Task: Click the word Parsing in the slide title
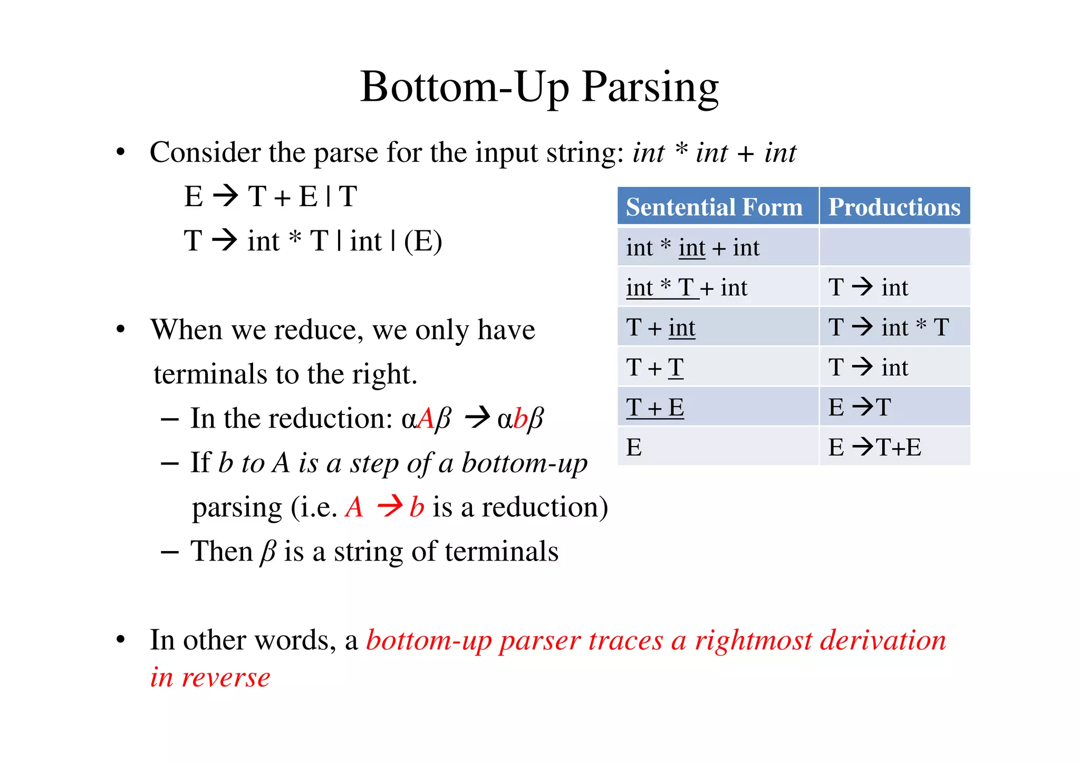coord(650,88)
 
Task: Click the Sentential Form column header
coord(714,207)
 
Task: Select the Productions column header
coord(894,207)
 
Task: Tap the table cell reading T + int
coord(660,327)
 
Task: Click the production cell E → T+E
coord(874,448)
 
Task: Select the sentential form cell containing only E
coord(634,448)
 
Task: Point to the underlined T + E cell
coord(655,408)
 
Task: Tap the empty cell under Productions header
coord(894,247)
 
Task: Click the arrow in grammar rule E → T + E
coord(225,196)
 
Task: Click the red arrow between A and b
coord(390,507)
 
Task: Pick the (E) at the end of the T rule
coord(423,241)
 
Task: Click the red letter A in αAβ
coord(426,419)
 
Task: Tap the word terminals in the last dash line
coord(501,552)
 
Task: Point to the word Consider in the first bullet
coord(205,153)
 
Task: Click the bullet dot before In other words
coord(121,640)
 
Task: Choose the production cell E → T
coord(860,408)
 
